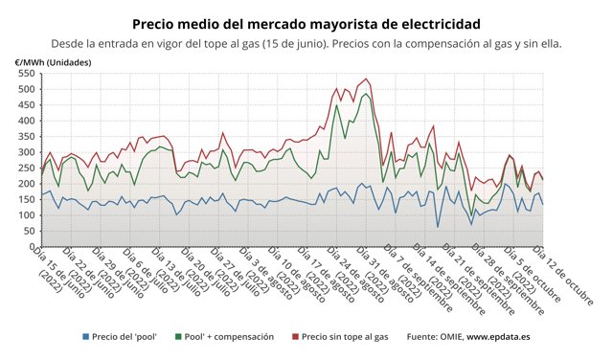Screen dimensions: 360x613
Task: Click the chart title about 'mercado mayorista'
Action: click(x=306, y=22)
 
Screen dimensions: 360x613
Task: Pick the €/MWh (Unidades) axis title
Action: click(x=56, y=61)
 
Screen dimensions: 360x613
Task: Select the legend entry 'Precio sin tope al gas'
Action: click(x=344, y=336)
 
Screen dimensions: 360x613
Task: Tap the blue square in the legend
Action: click(x=86, y=336)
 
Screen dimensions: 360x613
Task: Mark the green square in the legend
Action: click(x=180, y=336)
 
